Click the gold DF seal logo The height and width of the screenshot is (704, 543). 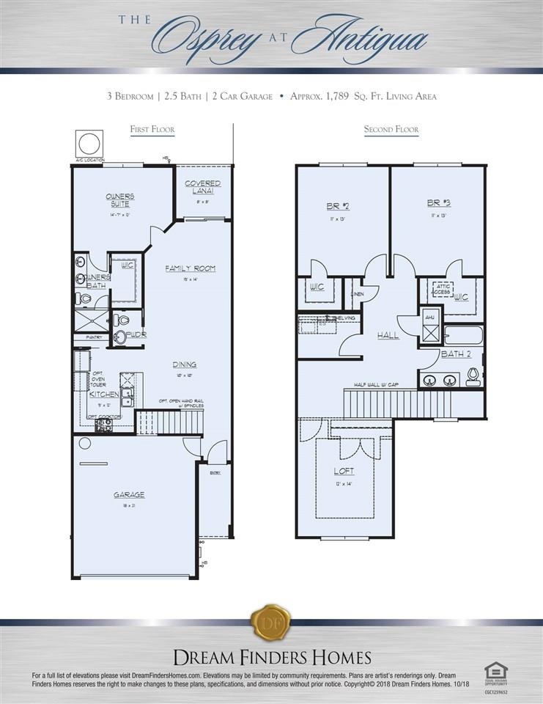point(271,623)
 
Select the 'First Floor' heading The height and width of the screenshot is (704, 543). point(152,130)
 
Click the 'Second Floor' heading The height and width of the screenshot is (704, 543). point(391,130)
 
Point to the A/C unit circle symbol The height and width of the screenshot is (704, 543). point(89,142)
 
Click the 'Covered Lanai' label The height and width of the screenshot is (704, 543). point(203,186)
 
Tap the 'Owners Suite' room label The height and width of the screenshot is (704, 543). point(119,199)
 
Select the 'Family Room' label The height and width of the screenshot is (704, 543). point(190,268)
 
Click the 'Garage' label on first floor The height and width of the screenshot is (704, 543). point(129,494)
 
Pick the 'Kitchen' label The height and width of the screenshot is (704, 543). point(104,395)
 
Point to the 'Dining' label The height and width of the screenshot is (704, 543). point(185,364)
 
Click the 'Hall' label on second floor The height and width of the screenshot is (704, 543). point(388,335)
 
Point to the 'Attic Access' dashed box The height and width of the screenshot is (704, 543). point(442,289)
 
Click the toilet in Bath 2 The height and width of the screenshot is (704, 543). point(473,375)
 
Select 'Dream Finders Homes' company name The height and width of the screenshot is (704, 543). point(271,656)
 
